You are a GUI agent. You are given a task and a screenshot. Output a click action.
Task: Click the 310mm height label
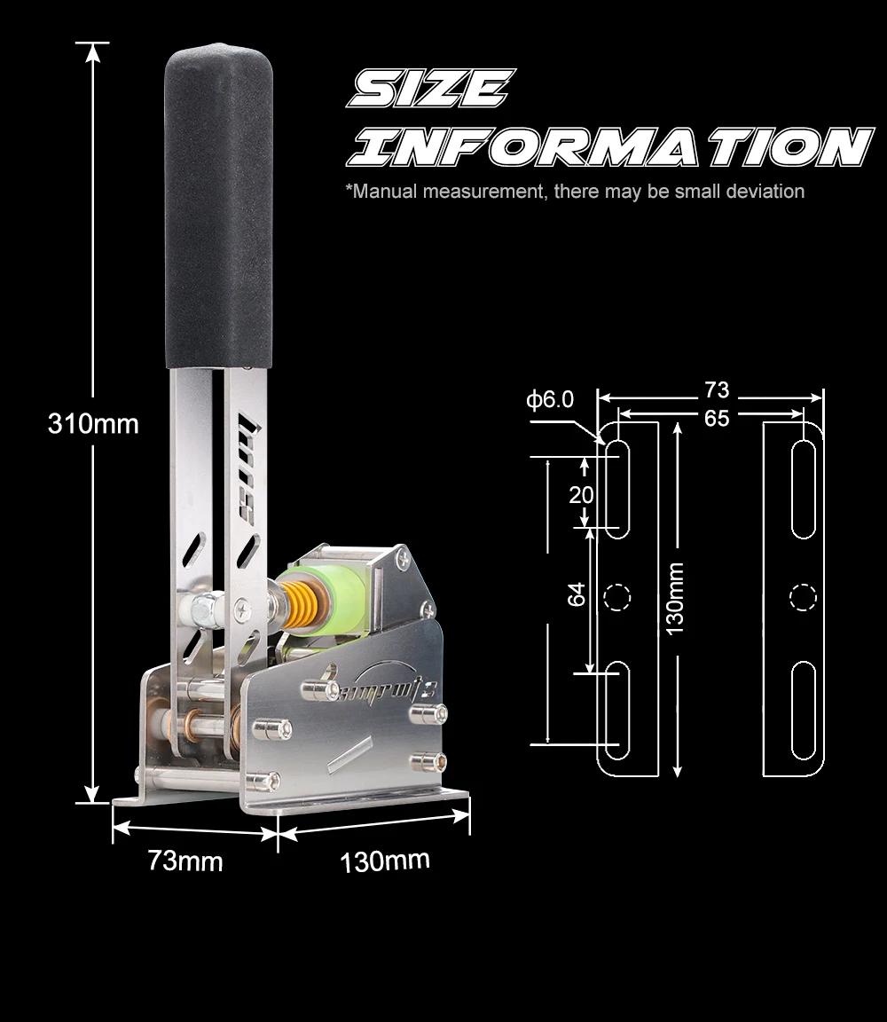93,424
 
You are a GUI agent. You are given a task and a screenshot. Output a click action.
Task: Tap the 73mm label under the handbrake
185,861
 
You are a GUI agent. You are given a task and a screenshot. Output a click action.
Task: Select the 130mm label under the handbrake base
385,861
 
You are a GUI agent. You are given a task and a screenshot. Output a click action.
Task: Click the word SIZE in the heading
431,89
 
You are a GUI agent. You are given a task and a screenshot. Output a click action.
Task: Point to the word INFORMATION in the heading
610,147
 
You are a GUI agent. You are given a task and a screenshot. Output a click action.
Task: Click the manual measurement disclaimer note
575,192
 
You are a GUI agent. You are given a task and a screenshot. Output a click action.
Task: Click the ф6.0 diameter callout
550,399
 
